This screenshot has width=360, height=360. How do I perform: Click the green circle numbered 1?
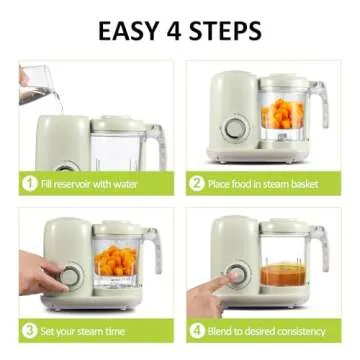30,183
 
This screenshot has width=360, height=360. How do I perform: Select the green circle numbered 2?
198,183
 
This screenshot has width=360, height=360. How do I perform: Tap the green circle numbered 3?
30,330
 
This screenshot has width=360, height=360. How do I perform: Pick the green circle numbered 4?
198,330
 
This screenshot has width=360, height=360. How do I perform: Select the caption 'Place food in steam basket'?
267,183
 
